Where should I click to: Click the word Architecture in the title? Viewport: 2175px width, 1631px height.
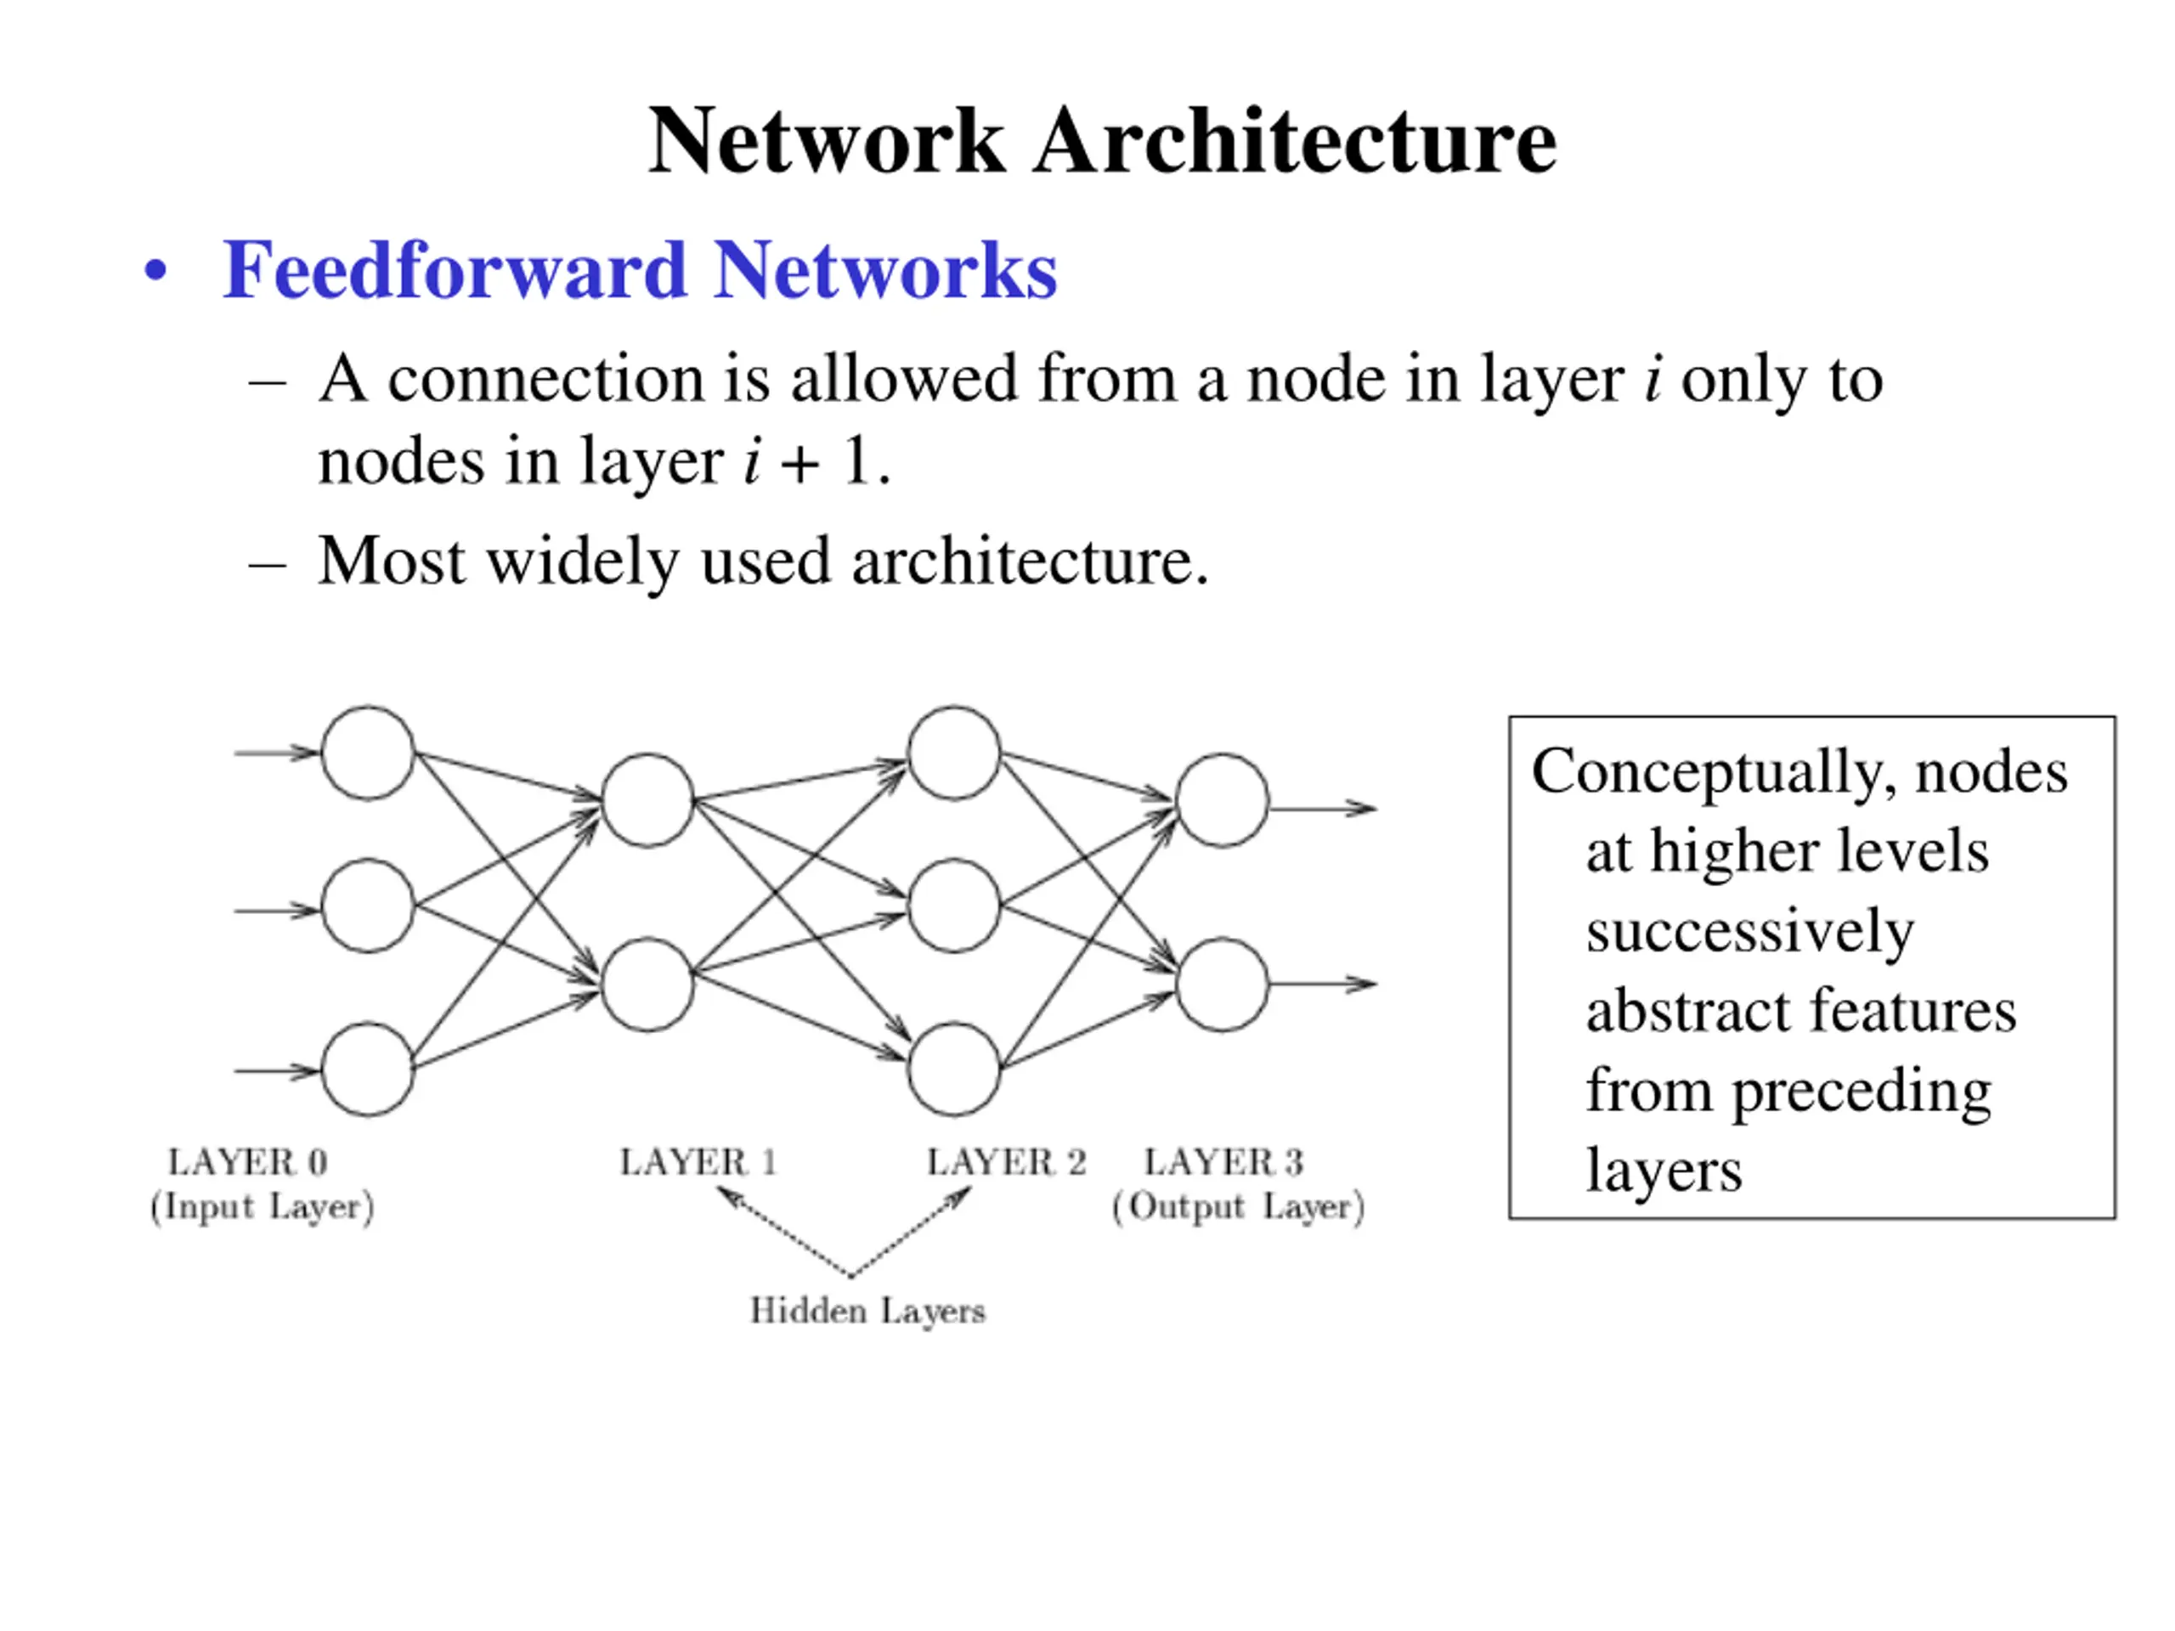1295,142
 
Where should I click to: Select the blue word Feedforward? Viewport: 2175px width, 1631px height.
455,270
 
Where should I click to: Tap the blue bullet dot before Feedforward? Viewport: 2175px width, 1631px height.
155,270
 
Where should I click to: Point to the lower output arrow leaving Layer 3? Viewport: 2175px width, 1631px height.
1324,983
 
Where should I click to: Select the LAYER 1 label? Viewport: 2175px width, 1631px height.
698,1162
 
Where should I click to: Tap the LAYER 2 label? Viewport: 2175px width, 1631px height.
1006,1162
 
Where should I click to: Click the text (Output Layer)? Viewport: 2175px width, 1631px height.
1238,1207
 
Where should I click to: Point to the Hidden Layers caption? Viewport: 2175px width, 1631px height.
867,1312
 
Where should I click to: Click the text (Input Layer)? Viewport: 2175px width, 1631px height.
262,1207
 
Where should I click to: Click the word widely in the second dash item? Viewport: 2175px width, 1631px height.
583,562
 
